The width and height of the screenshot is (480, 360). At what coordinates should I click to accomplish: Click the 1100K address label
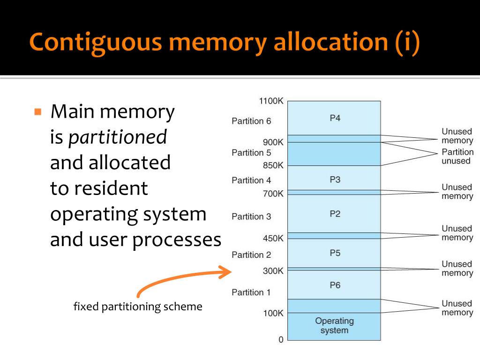tap(271, 101)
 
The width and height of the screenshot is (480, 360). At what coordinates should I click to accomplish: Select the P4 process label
tap(335, 118)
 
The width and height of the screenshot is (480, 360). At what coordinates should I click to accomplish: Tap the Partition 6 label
tap(251, 121)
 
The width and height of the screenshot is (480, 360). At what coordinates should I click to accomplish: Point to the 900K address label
tap(273, 142)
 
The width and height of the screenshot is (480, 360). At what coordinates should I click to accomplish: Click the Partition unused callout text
tap(457, 157)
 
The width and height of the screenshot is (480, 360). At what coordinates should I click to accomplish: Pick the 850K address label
tap(273, 165)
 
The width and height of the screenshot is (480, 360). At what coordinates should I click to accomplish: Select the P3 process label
tap(335, 180)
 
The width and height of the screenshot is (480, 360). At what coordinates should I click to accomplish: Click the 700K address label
tap(273, 194)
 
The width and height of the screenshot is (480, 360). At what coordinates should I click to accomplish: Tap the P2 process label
tap(335, 214)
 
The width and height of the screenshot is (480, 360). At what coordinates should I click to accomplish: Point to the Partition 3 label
tap(251, 217)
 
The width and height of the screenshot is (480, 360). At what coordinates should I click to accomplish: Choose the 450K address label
tap(273, 238)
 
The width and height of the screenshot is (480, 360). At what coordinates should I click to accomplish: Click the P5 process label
tap(335, 253)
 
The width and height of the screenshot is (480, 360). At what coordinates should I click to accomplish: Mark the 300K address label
tap(273, 271)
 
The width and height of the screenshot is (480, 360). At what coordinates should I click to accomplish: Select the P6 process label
tap(335, 285)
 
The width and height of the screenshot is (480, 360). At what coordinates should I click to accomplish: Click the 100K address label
tap(273, 313)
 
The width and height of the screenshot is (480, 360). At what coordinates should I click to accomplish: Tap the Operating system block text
tap(334, 326)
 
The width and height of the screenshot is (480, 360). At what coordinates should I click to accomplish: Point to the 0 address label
tap(281, 340)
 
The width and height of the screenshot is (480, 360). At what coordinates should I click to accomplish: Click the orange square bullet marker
tap(38, 112)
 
